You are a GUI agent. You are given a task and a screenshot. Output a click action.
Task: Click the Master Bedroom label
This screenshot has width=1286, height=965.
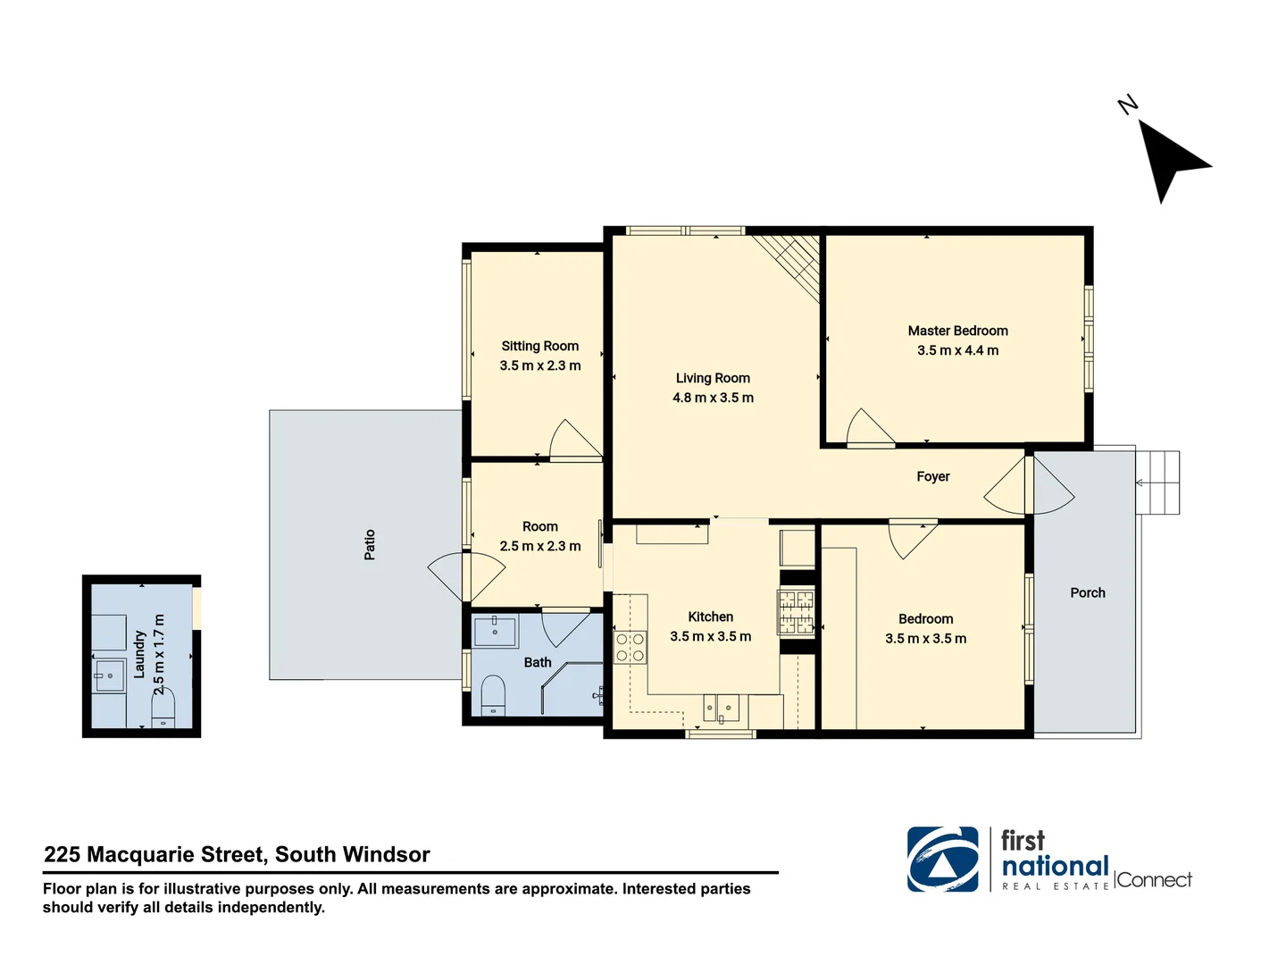pyautogui.click(x=957, y=331)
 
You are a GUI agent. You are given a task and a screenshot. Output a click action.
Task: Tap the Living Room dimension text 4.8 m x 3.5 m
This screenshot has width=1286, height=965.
pyautogui.click(x=713, y=398)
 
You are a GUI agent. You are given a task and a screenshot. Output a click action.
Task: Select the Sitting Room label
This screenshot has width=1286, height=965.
pyautogui.click(x=539, y=346)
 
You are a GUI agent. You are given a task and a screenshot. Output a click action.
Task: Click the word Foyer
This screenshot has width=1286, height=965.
pyautogui.click(x=932, y=476)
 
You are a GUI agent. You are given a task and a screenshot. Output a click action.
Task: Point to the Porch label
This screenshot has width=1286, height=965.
pyautogui.click(x=1087, y=592)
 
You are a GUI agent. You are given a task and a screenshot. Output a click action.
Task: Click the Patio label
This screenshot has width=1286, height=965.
pyautogui.click(x=370, y=545)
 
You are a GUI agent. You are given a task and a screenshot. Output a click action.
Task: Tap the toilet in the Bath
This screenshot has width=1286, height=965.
pyautogui.click(x=493, y=694)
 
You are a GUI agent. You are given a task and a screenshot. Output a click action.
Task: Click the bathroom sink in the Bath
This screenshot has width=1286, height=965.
pyautogui.click(x=495, y=630)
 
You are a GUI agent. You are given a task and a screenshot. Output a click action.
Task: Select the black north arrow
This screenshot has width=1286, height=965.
pyautogui.click(x=1170, y=158)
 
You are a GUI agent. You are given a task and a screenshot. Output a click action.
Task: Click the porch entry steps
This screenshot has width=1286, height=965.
pyautogui.click(x=1157, y=482)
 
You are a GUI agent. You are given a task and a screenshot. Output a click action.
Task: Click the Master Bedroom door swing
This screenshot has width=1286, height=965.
pyautogui.click(x=869, y=428)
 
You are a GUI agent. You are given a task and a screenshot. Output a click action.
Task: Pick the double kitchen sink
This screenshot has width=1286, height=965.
pyautogui.click(x=722, y=709)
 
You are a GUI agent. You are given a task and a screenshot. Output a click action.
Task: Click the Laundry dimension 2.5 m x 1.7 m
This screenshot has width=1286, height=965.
pyautogui.click(x=159, y=654)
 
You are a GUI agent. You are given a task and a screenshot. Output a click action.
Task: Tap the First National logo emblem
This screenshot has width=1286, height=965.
pyautogui.click(x=942, y=859)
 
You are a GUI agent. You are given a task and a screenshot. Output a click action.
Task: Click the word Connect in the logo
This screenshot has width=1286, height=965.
pyautogui.click(x=1154, y=880)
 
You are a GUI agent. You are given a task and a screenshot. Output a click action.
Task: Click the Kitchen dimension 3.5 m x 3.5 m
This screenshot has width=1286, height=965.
pyautogui.click(x=710, y=636)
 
